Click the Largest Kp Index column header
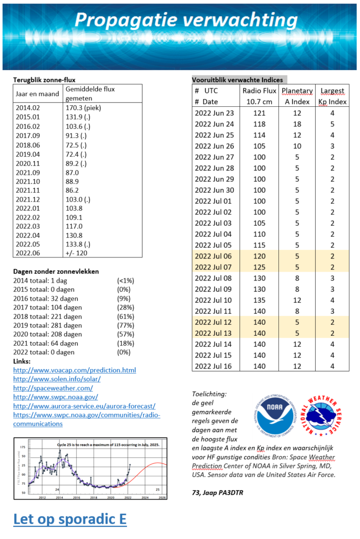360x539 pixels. [332, 96]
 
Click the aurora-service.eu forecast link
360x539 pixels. [84, 406]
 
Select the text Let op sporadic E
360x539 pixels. [69, 519]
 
